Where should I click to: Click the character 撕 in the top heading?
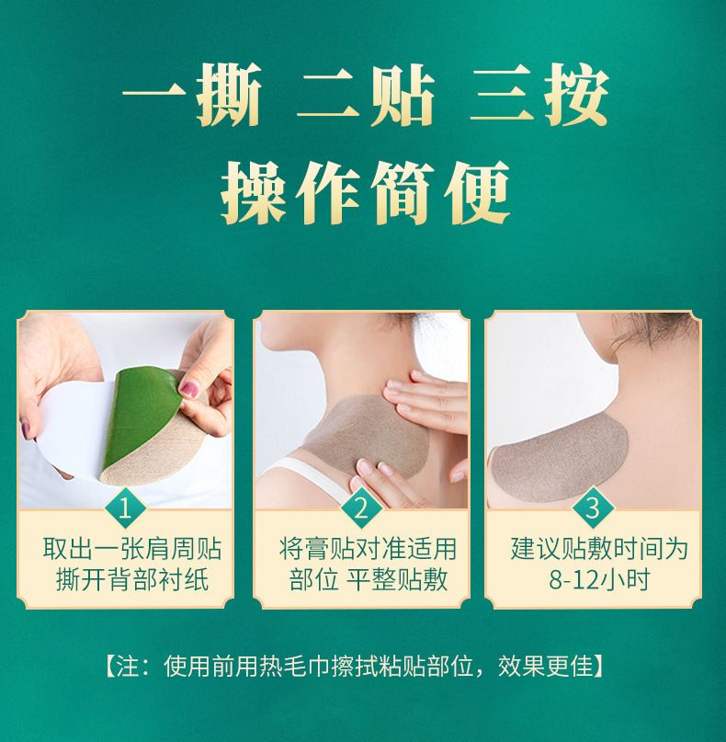pos(230,95)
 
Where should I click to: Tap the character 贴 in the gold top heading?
pos(403,95)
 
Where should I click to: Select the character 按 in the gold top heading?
pos(576,95)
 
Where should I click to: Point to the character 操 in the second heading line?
pos(254,192)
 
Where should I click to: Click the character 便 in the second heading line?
pos(477,192)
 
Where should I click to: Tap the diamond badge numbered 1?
pos(125,508)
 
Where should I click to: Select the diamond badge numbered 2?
pos(361,508)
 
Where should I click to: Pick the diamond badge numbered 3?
pos(593,508)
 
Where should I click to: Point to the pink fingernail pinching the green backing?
pos(189,390)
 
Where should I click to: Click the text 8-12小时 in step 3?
pos(599,579)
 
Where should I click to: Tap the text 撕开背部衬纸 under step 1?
pos(132,579)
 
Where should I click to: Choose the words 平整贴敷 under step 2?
pos(397,579)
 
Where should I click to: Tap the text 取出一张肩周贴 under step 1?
pos(132,549)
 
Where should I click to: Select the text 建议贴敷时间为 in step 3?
pos(599,549)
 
